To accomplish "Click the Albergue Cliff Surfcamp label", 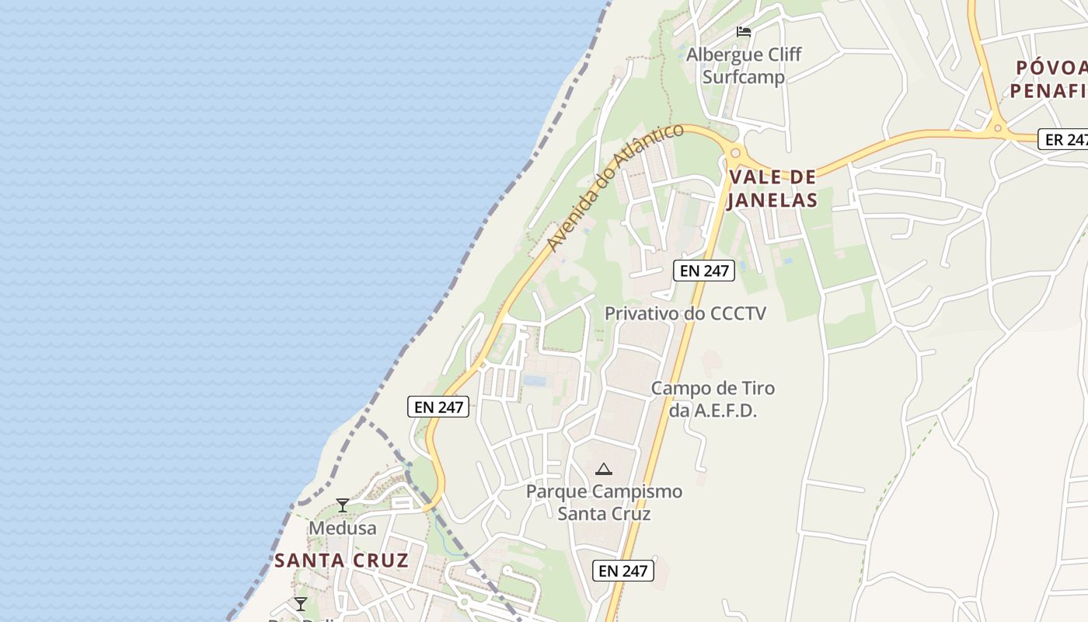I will point(744,66).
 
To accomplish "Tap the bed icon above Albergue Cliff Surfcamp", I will point(744,32).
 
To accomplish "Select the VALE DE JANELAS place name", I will point(772,189).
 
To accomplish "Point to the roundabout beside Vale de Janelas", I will point(735,153).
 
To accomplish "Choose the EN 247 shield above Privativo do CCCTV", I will point(704,271).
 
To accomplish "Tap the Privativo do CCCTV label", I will point(685,313).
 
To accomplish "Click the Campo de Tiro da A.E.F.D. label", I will point(713,399).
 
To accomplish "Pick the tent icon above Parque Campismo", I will point(603,469).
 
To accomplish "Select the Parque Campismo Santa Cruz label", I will point(604,502).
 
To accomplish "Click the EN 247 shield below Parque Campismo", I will point(623,571).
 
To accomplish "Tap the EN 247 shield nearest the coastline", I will point(438,407).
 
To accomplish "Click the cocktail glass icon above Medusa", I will point(342,505).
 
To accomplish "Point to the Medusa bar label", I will point(342,528).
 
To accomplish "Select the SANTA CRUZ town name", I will point(341,561).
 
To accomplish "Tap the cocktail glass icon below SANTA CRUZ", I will point(301,604).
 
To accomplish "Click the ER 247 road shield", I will point(1064,140).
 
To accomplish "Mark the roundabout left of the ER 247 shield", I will point(997,128).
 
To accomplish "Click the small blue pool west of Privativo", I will point(534,380).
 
